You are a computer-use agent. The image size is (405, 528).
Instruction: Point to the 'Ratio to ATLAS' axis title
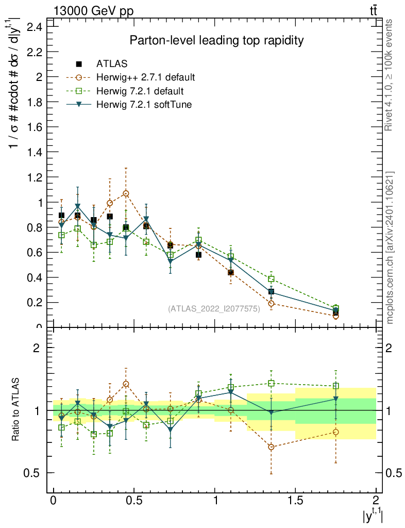point(16,410)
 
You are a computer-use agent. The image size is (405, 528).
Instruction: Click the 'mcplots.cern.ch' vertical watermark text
point(390,247)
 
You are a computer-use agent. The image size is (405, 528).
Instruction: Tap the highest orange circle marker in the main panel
point(126,193)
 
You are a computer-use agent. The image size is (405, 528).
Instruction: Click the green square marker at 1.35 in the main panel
point(271,279)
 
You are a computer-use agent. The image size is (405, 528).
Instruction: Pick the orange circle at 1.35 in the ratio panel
point(271,447)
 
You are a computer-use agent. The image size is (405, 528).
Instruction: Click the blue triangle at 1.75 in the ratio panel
point(335,399)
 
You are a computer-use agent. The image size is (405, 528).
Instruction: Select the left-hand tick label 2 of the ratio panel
point(37,348)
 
